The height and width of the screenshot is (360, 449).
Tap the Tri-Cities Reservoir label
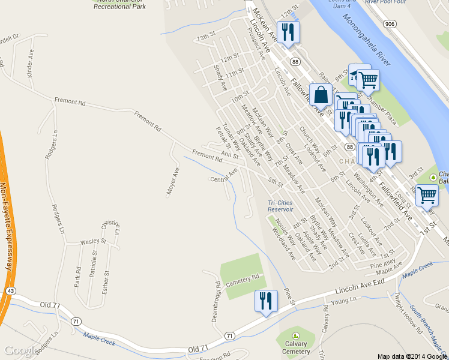pyautogui.click(x=280, y=206)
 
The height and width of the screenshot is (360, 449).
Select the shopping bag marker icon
pyautogui.click(x=321, y=95)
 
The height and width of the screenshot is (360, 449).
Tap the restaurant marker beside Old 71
pyautogui.click(x=265, y=301)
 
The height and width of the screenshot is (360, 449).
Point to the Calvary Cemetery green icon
pyautogui.click(x=295, y=337)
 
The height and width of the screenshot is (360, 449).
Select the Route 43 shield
pyautogui.click(x=11, y=290)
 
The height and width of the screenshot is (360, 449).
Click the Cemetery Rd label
pyautogui.click(x=247, y=277)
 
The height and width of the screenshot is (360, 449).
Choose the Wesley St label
pyautogui.click(x=93, y=242)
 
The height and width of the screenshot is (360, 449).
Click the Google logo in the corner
pyautogui.click(x=18, y=350)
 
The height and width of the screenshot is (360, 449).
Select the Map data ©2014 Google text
pyautogui.click(x=412, y=356)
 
